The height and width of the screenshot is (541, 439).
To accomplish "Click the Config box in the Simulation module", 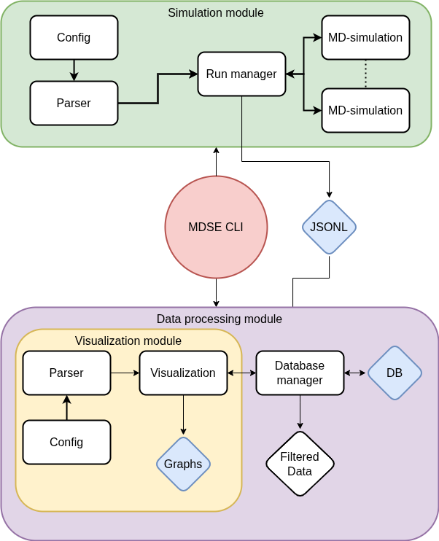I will [x=74, y=37].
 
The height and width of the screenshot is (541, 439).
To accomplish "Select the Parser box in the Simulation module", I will [x=74, y=103].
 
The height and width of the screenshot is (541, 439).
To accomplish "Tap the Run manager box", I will [x=241, y=74].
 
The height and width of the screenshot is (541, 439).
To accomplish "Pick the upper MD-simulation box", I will [x=365, y=37].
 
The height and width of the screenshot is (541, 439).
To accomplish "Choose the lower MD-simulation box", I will [x=365, y=110].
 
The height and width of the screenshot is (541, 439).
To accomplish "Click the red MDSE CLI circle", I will [x=216, y=227].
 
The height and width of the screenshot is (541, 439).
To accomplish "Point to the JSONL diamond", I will [x=330, y=227].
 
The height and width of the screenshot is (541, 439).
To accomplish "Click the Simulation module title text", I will [x=216, y=12].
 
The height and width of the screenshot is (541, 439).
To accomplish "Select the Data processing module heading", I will [x=219, y=319].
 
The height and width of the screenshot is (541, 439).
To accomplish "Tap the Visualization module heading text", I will [x=128, y=340].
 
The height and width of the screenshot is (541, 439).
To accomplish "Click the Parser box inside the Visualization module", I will [x=66, y=373].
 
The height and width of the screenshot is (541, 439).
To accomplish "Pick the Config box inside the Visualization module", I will [x=66, y=442].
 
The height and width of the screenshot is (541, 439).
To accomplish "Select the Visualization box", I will [x=183, y=373].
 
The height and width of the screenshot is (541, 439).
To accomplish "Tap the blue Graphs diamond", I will [x=183, y=464].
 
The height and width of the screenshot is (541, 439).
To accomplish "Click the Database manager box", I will [x=300, y=373].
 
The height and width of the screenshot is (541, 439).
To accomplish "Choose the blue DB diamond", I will [x=395, y=373].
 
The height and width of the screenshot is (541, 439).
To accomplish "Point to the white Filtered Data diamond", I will [x=300, y=464].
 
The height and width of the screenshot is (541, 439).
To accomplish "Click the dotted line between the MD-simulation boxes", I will [x=365, y=74].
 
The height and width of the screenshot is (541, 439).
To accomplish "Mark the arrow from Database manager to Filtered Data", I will [x=300, y=412].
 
